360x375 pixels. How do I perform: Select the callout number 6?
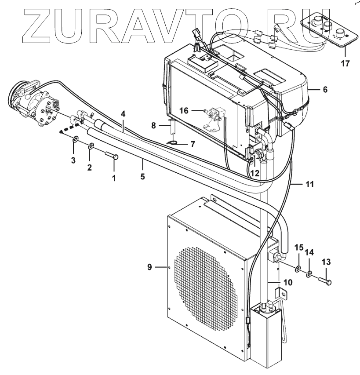(x=325, y=89)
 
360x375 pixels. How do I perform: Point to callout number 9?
(x=150, y=267)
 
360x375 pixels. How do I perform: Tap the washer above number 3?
(x=76, y=140)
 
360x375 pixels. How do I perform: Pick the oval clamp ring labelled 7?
(x=173, y=142)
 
